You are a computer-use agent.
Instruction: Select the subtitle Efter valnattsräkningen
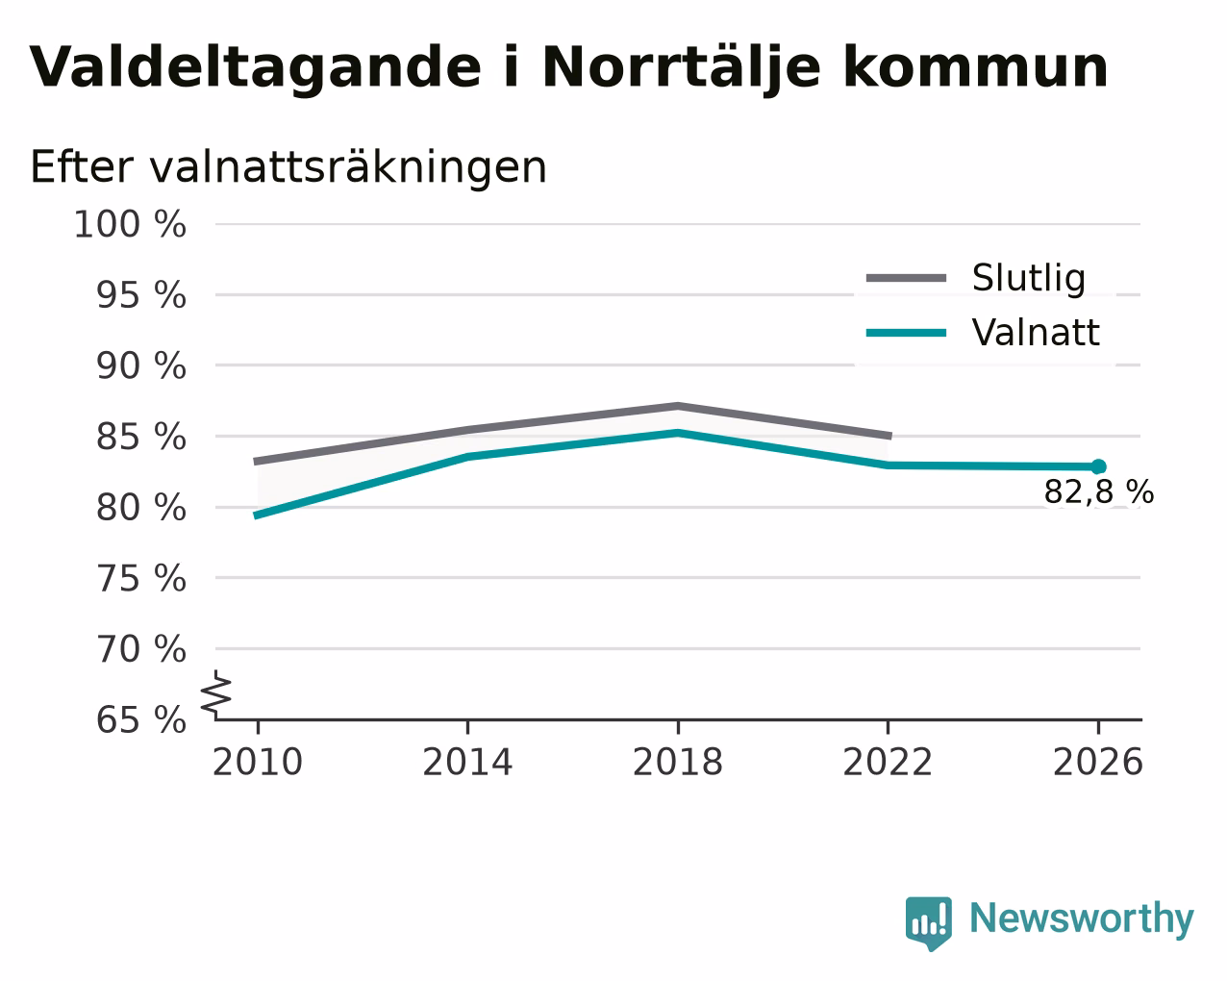tap(288, 168)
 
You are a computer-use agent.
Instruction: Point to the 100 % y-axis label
tap(130, 224)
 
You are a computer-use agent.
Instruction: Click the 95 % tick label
tap(140, 295)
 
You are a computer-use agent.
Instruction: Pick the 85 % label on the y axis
tap(140, 438)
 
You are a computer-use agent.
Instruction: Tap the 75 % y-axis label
tap(140, 579)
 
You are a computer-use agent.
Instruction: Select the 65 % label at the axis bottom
tap(140, 719)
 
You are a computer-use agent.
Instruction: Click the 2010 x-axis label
tap(257, 763)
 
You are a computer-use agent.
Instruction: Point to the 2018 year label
tap(677, 763)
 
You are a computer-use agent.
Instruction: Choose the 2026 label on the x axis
tap(1097, 763)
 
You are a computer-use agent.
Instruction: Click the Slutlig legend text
tap(1029, 278)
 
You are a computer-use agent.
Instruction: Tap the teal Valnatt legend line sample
tap(906, 333)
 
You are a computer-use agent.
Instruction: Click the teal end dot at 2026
tap(1098, 466)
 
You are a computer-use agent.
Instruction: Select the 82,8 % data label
tap(1099, 491)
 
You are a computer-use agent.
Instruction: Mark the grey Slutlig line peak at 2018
tap(677, 406)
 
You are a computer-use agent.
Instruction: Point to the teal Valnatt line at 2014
tap(467, 457)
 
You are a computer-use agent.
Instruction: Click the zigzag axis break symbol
tap(216, 694)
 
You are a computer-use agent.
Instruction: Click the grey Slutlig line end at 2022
tap(889, 436)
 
